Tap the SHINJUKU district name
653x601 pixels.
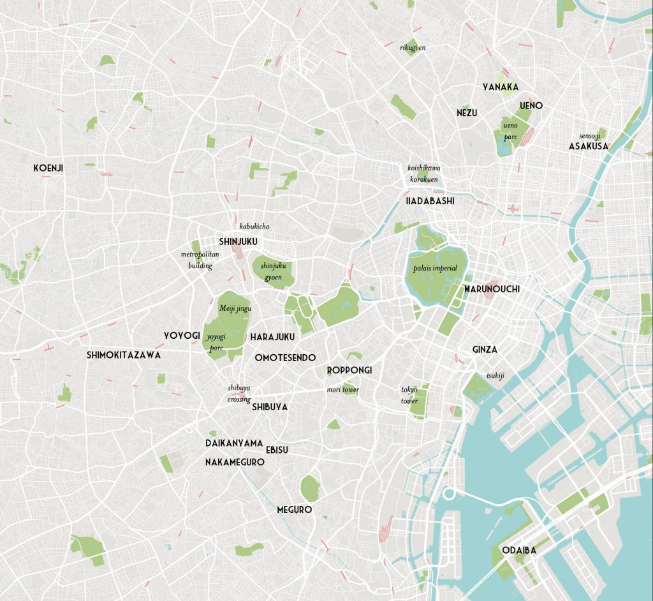(238, 241)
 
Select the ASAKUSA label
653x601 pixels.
(588, 146)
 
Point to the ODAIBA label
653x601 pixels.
(519, 550)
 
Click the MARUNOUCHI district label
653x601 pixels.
(491, 289)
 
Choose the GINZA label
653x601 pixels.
(485, 350)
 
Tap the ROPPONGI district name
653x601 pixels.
(349, 370)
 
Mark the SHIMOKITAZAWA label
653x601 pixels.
(124, 355)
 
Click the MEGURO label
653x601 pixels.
(294, 510)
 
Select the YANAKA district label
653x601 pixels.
(500, 87)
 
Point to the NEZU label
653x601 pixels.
(466, 113)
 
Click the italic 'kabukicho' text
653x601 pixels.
(254, 226)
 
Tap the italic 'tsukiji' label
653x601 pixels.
(495, 376)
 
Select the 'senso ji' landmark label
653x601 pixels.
(589, 136)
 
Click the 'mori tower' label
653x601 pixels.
(342, 390)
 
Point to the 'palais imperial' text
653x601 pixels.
(435, 268)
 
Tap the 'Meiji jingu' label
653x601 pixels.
(235, 309)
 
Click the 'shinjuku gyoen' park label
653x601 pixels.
(271, 272)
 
